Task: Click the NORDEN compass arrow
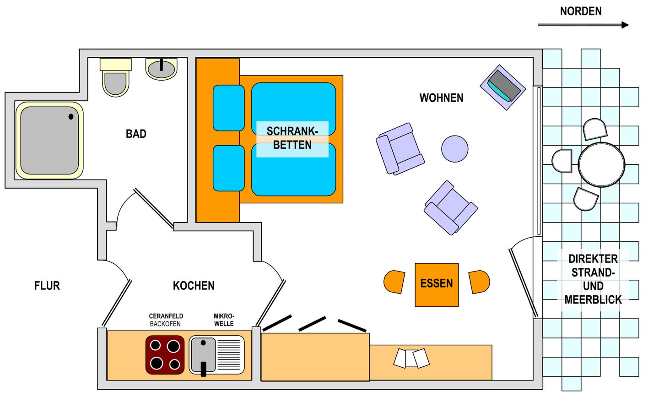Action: pyautogui.click(x=583, y=25)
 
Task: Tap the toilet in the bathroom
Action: pyautogui.click(x=116, y=77)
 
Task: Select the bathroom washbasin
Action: pyautogui.click(x=161, y=69)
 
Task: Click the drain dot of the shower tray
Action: pyautogui.click(x=71, y=117)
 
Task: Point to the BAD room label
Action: pyautogui.click(x=136, y=134)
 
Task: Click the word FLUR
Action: pyautogui.click(x=47, y=286)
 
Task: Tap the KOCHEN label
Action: pyautogui.click(x=194, y=286)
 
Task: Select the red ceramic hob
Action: pyautogui.click(x=165, y=355)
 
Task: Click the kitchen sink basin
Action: pyautogui.click(x=203, y=355)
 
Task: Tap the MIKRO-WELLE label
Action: pyautogui.click(x=224, y=320)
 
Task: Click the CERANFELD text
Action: pyautogui.click(x=166, y=316)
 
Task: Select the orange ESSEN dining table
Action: pyautogui.click(x=437, y=285)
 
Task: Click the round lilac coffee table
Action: pyautogui.click(x=454, y=149)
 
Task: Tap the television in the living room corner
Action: pyautogui.click(x=503, y=87)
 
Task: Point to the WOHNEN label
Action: pyautogui.click(x=441, y=98)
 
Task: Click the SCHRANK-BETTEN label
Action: pyautogui.click(x=292, y=138)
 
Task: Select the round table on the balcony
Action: pyautogui.click(x=601, y=164)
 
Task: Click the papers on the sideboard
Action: pyautogui.click(x=411, y=358)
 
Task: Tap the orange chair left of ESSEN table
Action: pyautogui.click(x=394, y=282)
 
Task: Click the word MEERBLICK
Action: pyautogui.click(x=593, y=300)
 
